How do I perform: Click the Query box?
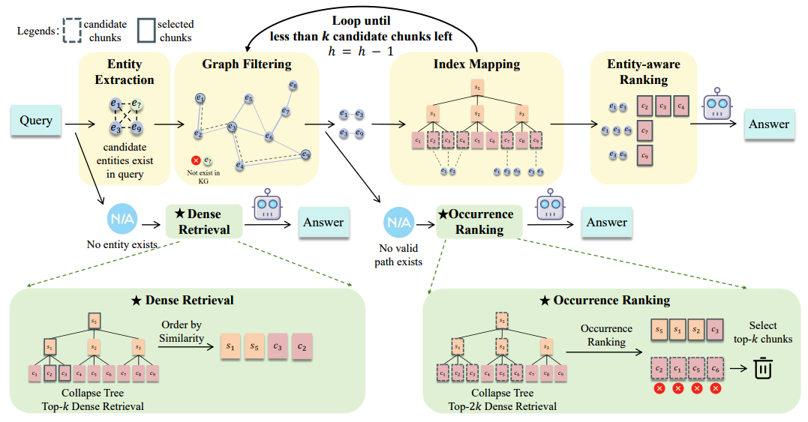[x=36, y=121]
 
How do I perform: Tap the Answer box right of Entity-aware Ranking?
[x=768, y=124]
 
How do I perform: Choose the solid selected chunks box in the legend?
[x=146, y=31]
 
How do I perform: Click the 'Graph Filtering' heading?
[x=246, y=64]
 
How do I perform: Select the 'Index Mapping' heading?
[x=476, y=64]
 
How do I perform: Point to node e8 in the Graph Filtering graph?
[x=293, y=86]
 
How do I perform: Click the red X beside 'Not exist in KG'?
[x=196, y=160]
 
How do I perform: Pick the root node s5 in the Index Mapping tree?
[x=477, y=88]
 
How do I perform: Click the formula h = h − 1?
[x=361, y=51]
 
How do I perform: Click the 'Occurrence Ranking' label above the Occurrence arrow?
[x=606, y=335]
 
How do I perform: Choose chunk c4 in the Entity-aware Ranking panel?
[x=681, y=106]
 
